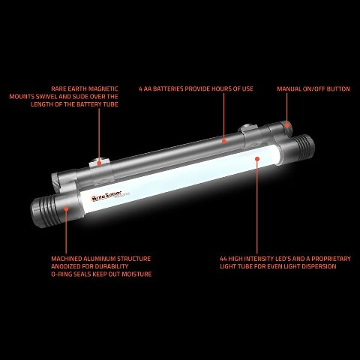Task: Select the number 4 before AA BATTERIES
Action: pos(140,88)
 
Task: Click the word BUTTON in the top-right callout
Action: pos(338,88)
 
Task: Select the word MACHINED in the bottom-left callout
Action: pos(67,259)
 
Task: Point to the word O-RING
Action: pos(63,274)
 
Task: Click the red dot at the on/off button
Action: pos(286,121)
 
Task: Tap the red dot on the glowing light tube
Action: pos(256,159)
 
